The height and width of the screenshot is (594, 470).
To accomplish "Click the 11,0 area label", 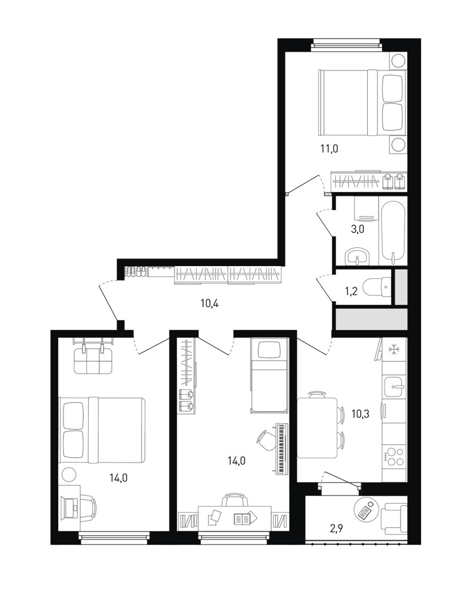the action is click(329, 149).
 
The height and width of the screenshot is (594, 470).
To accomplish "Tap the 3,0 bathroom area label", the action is click(357, 229).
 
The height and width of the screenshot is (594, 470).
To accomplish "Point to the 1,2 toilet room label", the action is click(351, 292).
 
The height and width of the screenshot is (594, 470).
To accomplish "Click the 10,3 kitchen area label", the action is click(360, 414).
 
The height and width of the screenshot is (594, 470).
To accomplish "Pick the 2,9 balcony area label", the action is click(336, 529).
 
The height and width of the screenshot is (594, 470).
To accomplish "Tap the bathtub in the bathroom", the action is click(393, 233).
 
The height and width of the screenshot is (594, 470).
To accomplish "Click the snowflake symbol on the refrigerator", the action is click(394, 350).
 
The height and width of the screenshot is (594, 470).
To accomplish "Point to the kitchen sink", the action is click(395, 388).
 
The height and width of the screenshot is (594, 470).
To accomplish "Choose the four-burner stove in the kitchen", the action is click(395, 457).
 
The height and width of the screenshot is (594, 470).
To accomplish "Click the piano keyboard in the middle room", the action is click(281, 449).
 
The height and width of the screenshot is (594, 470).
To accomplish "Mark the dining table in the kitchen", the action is click(317, 427).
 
